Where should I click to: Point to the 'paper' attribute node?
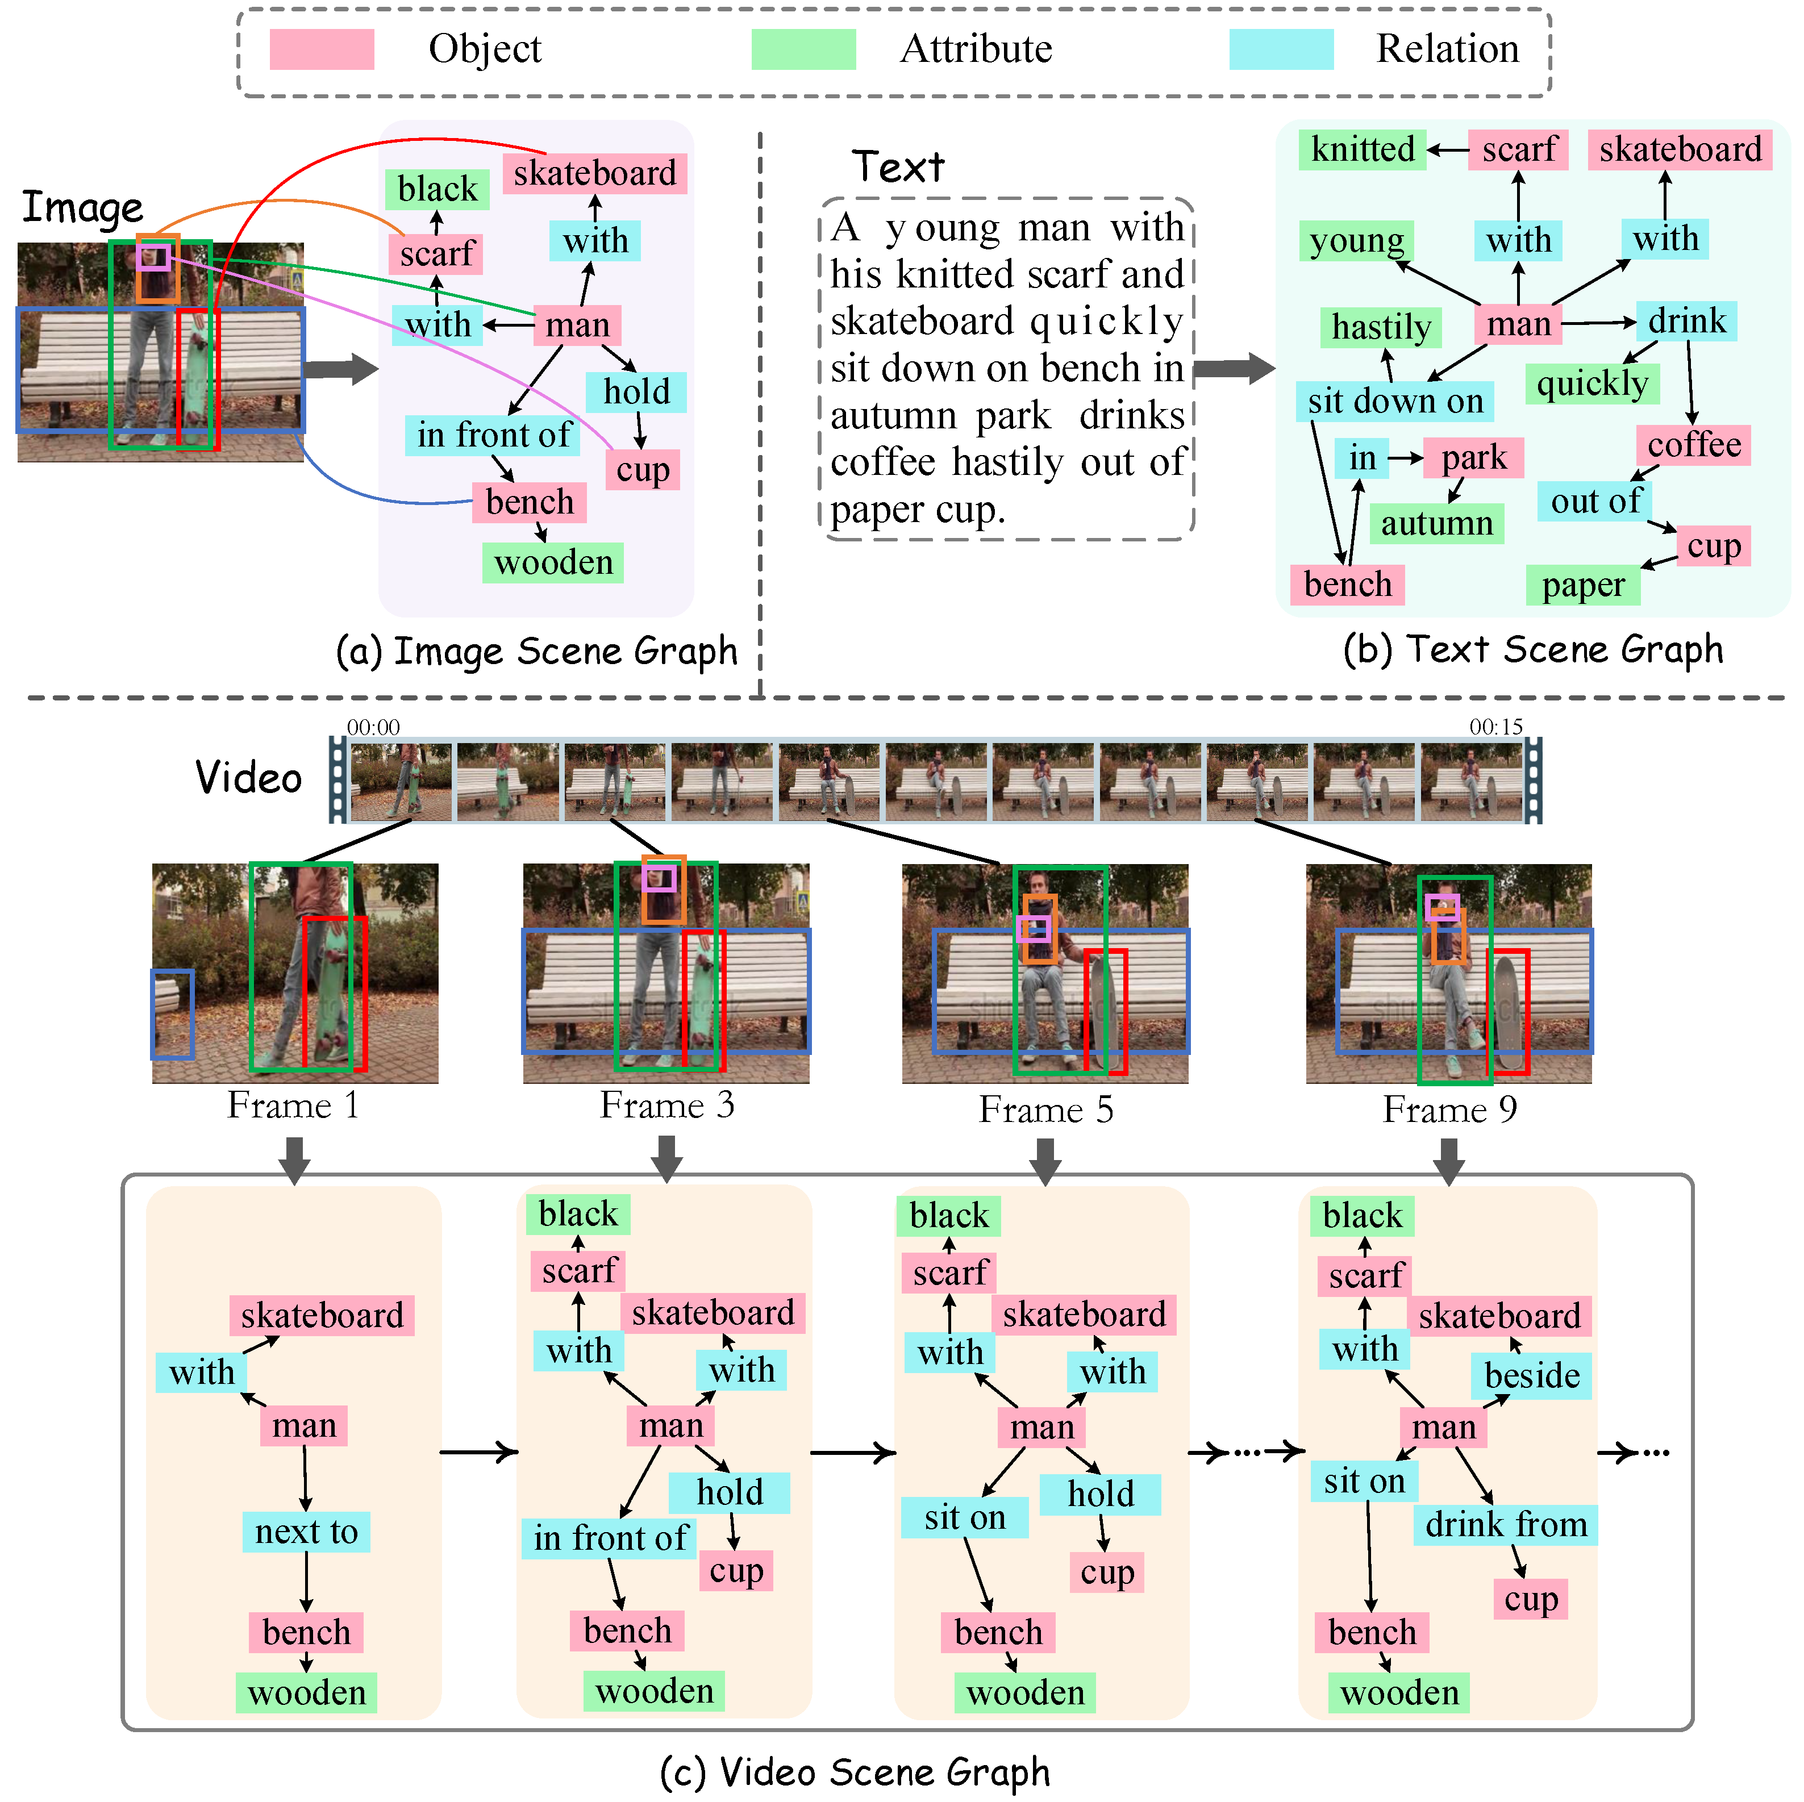point(1583,585)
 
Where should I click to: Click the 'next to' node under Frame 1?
point(306,1532)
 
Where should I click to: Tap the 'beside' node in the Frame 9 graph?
point(1531,1375)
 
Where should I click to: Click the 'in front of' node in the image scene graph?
point(493,435)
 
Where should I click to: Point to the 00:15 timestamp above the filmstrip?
point(1495,727)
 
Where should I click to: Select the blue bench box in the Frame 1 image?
point(173,1014)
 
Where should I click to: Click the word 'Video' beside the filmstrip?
point(248,778)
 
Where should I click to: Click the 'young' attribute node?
point(1356,241)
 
